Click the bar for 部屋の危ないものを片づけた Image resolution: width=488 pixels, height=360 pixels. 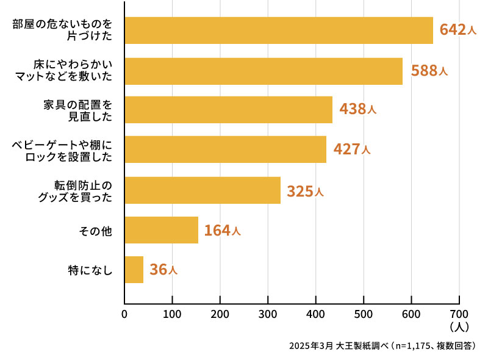[x=278, y=31]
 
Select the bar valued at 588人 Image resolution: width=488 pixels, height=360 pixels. [x=263, y=71]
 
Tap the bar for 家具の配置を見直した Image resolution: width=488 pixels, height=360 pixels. [x=228, y=110]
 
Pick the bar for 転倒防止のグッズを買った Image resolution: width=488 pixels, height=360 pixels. [x=202, y=190]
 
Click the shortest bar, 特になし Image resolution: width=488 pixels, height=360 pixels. [x=134, y=270]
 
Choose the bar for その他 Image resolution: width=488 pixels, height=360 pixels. [x=161, y=230]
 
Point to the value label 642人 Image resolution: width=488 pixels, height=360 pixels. [x=457, y=31]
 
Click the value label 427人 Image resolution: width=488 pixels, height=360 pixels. [x=352, y=149]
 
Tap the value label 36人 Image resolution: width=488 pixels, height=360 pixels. [x=163, y=270]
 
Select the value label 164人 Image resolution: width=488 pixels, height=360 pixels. [x=223, y=231]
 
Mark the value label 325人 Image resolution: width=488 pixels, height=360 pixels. [x=305, y=192]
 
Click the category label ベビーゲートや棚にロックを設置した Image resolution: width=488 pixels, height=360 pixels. [x=63, y=150]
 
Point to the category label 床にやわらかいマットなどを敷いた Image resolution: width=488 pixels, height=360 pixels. [x=73, y=70]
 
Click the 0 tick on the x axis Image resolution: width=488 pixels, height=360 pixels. [x=124, y=314]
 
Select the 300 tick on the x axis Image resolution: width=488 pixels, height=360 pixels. [x=268, y=314]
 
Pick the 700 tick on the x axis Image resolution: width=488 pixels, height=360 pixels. [x=459, y=314]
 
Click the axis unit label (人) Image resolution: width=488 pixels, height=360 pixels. [x=459, y=328]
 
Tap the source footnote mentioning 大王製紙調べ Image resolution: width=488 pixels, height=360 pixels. [x=382, y=346]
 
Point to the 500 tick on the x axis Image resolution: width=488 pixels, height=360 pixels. [x=364, y=314]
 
